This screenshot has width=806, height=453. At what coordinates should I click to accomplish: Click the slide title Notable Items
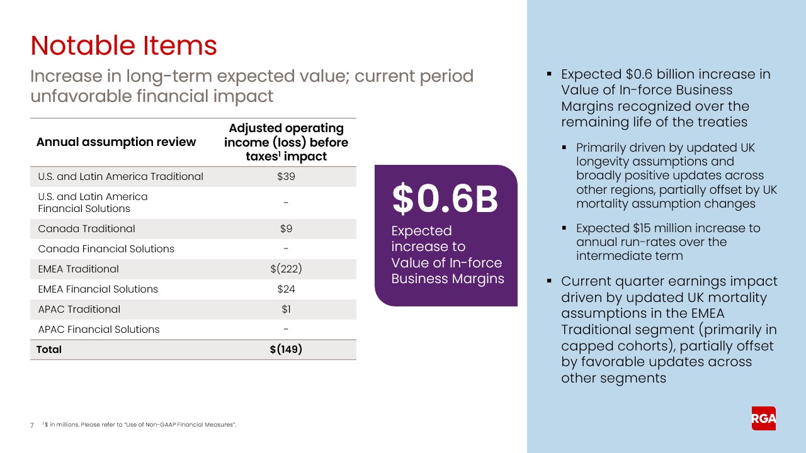click(x=123, y=46)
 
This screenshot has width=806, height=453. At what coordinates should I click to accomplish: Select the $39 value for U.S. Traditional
click(x=286, y=176)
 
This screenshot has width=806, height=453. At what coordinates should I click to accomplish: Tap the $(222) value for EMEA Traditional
click(x=286, y=269)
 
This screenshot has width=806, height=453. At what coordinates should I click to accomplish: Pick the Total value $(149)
click(x=286, y=349)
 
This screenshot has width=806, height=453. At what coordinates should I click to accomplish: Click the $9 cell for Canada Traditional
click(x=286, y=229)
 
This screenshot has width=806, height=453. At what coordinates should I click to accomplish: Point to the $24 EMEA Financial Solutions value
click(x=286, y=289)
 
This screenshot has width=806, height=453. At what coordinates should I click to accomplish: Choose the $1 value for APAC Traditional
click(x=286, y=310)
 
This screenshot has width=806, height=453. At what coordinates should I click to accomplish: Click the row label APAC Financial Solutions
click(x=99, y=330)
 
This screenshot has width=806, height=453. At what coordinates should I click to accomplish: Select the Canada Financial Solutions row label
click(x=106, y=249)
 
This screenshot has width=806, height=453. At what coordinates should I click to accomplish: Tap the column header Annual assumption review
click(x=116, y=142)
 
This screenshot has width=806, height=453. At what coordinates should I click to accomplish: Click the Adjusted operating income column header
click(x=286, y=142)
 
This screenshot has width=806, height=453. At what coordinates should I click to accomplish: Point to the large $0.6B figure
click(x=445, y=199)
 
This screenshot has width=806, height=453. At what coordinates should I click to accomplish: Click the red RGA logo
click(x=763, y=418)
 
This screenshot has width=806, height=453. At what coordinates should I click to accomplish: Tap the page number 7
click(x=32, y=425)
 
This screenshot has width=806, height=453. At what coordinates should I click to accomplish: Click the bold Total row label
click(x=49, y=349)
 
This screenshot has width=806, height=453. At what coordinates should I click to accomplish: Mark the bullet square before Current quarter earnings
click(x=549, y=281)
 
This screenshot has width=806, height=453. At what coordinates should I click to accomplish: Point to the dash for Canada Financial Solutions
click(x=286, y=249)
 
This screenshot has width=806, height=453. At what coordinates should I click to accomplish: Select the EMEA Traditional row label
click(x=78, y=269)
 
